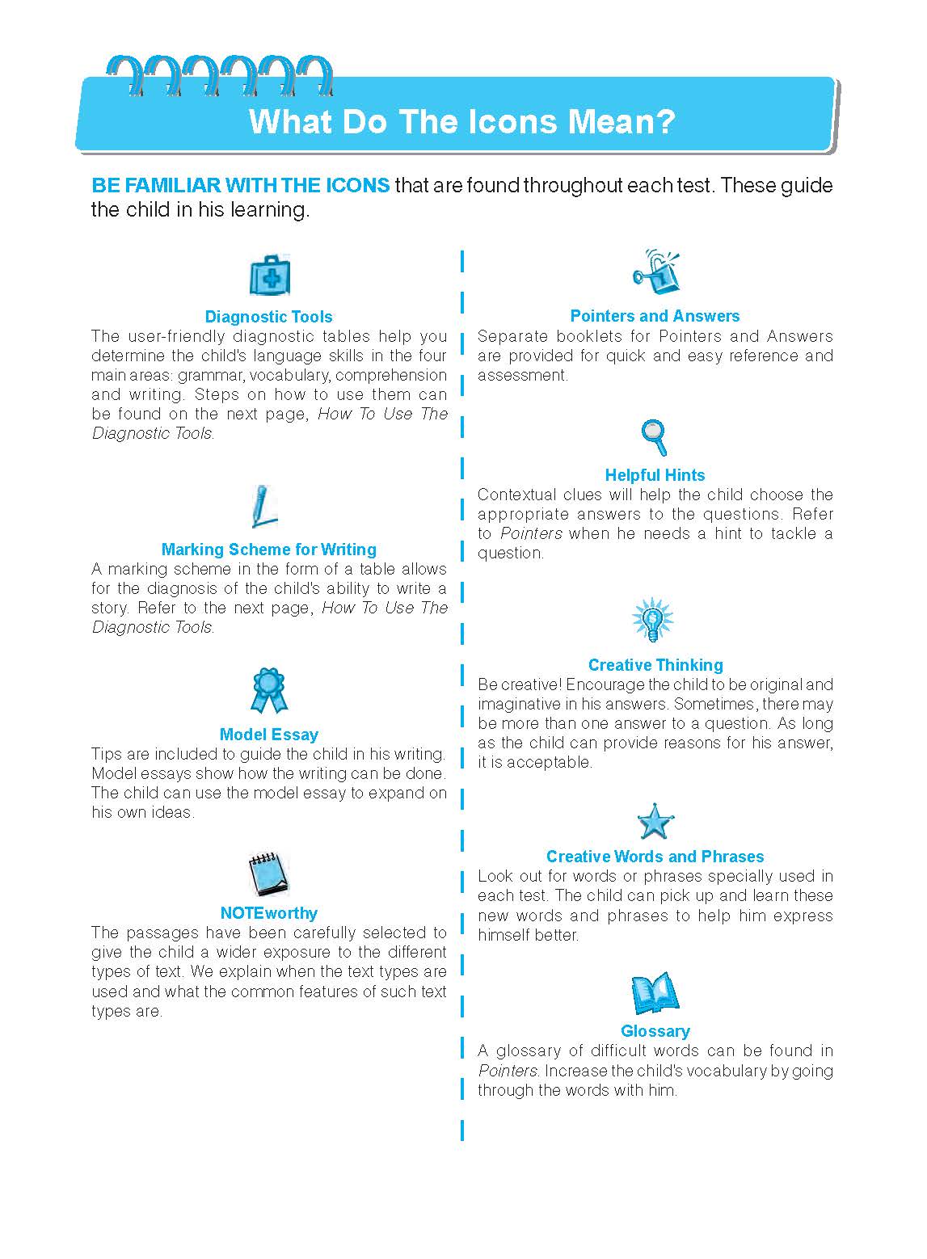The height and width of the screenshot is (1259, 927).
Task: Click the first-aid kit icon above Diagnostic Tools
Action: click(269, 276)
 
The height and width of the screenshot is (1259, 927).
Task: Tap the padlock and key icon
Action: click(655, 273)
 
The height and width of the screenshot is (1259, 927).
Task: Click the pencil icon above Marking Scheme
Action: click(262, 507)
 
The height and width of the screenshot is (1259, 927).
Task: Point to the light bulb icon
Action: click(652, 621)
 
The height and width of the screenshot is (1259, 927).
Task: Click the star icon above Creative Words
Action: click(654, 823)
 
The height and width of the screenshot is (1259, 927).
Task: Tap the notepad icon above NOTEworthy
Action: click(268, 875)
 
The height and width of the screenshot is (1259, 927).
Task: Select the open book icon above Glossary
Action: click(654, 993)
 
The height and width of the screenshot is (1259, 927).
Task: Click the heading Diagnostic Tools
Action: click(268, 317)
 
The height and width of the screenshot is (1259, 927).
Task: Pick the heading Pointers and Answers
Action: click(655, 316)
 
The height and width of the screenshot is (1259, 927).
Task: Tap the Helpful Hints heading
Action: click(655, 475)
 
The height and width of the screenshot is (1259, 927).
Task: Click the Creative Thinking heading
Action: click(655, 665)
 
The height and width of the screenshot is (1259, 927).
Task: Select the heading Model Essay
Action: click(269, 735)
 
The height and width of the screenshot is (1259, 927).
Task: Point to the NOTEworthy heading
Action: click(269, 913)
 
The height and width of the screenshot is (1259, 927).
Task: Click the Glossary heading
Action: click(655, 1031)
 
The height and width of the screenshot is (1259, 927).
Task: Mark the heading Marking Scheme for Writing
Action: click(269, 549)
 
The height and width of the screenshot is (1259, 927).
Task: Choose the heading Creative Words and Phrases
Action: click(655, 857)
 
